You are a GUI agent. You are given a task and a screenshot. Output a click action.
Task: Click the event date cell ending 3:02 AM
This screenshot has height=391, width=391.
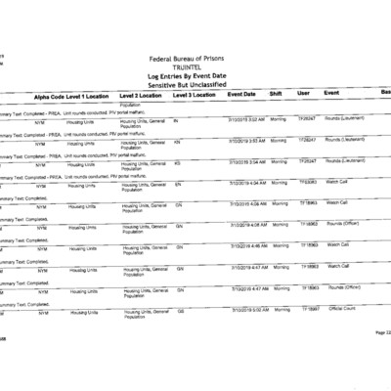244,119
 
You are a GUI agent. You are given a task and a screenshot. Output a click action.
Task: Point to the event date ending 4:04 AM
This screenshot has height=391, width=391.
244,182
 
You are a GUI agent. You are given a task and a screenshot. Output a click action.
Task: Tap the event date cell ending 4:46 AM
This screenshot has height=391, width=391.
244,244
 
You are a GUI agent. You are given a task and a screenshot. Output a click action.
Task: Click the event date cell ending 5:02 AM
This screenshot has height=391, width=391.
244,308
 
